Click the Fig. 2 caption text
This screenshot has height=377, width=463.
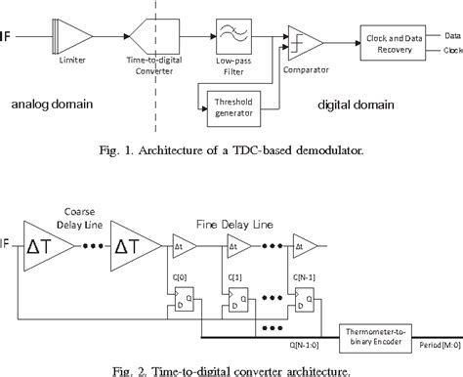pos(231,368)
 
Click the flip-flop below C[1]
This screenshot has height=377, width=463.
pos(235,297)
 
